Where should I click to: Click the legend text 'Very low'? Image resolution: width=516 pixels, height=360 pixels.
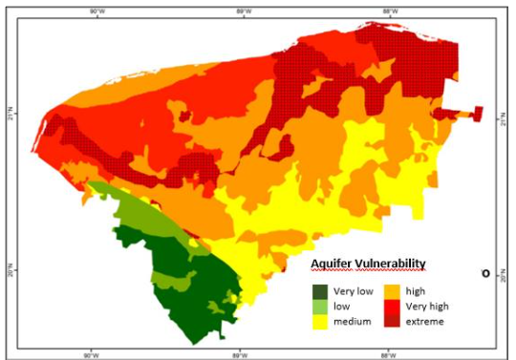pyautogui.click(x=351, y=290)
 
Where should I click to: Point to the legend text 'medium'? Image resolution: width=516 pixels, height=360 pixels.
pyautogui.click(x=352, y=322)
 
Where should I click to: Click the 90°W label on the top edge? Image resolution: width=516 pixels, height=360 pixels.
pyautogui.click(x=96, y=11)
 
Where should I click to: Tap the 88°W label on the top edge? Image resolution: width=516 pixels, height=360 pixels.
pyautogui.click(x=389, y=11)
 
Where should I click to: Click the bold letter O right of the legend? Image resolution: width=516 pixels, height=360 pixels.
pyautogui.click(x=485, y=273)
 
